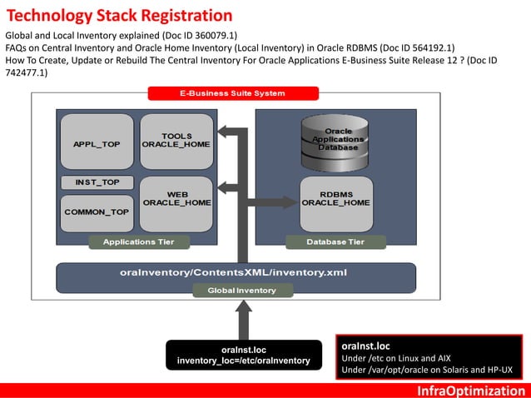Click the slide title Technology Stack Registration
(x=120, y=15)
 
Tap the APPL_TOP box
(x=96, y=143)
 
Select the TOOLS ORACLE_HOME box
(x=175, y=140)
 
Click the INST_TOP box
(x=97, y=182)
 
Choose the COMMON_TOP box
(x=97, y=212)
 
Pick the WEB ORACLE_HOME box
(x=175, y=200)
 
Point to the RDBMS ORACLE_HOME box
(x=335, y=200)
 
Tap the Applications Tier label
(x=138, y=241)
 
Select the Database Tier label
(x=335, y=241)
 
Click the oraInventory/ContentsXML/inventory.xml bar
(x=236, y=272)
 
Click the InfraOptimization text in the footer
(x=471, y=391)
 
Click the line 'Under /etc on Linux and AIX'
(x=396, y=357)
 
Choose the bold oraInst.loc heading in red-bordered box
(x=366, y=344)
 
